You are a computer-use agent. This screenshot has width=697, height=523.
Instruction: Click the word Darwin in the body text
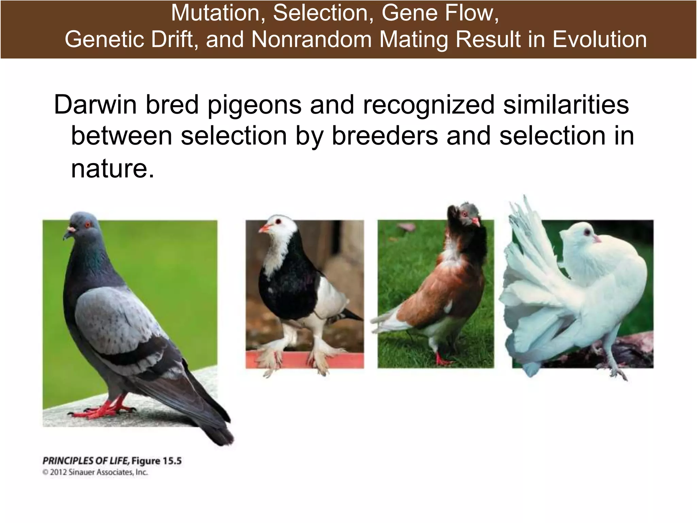coord(95,105)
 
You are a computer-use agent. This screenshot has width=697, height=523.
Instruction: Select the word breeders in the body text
coord(385,136)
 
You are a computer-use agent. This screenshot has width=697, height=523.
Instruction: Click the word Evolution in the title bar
coord(599,39)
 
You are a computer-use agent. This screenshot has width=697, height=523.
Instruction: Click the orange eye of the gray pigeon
coord(87,224)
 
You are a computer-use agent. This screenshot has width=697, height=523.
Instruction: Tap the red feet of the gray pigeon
coord(102,410)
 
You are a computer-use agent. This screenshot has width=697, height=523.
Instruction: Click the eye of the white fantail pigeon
coord(587,233)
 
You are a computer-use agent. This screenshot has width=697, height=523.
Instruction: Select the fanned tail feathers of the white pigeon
coord(524,259)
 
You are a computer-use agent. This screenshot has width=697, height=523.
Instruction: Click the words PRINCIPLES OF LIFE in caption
coord(86,461)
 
